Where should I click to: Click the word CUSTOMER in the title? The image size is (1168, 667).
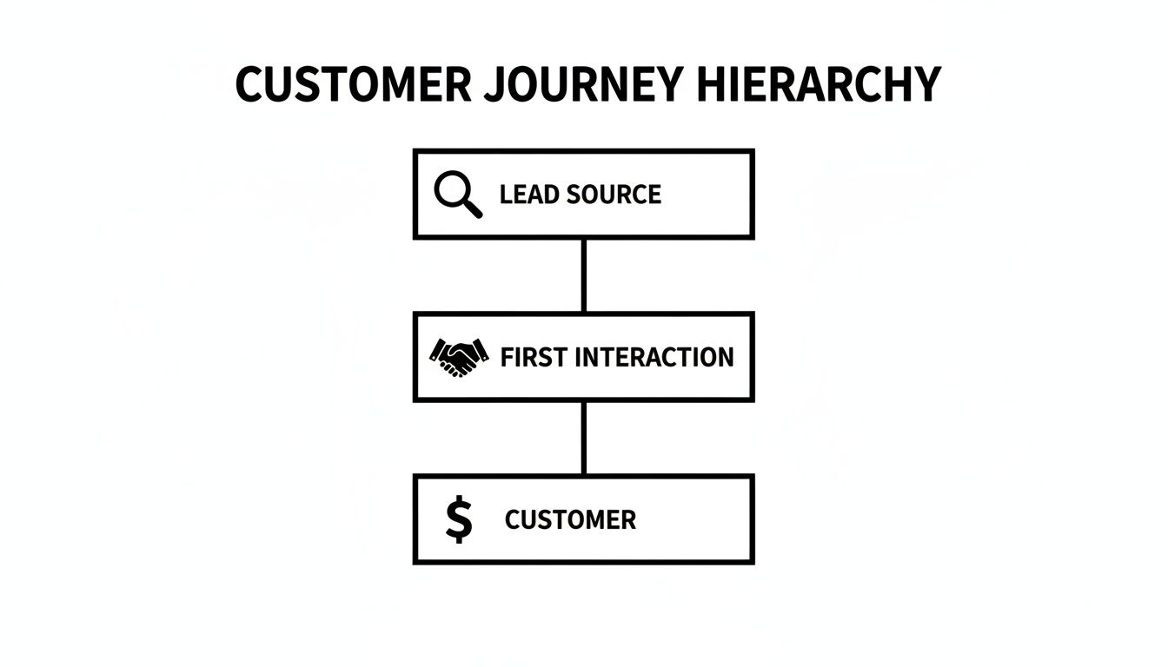[x=353, y=85]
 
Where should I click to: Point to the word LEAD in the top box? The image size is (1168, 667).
[x=528, y=194]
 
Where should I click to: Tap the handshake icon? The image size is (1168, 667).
[x=459, y=356]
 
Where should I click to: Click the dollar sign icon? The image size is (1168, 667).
[x=459, y=519]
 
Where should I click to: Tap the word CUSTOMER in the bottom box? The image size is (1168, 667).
[x=570, y=520]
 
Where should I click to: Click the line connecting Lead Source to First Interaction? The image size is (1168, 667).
[x=583, y=274]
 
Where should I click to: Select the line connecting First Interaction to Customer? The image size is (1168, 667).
[x=583, y=438]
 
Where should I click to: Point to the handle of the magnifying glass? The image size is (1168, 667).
[x=473, y=208]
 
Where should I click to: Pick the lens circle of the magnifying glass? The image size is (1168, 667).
[x=451, y=188]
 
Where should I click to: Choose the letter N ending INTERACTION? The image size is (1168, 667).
[x=723, y=357]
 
